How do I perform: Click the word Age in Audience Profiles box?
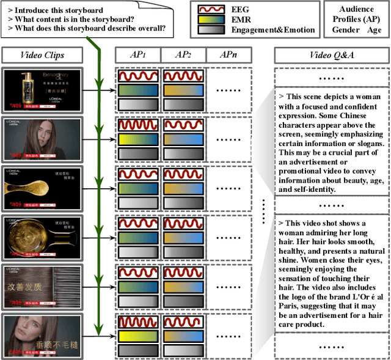(x=373, y=29)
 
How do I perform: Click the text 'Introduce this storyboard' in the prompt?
(x=59, y=10)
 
